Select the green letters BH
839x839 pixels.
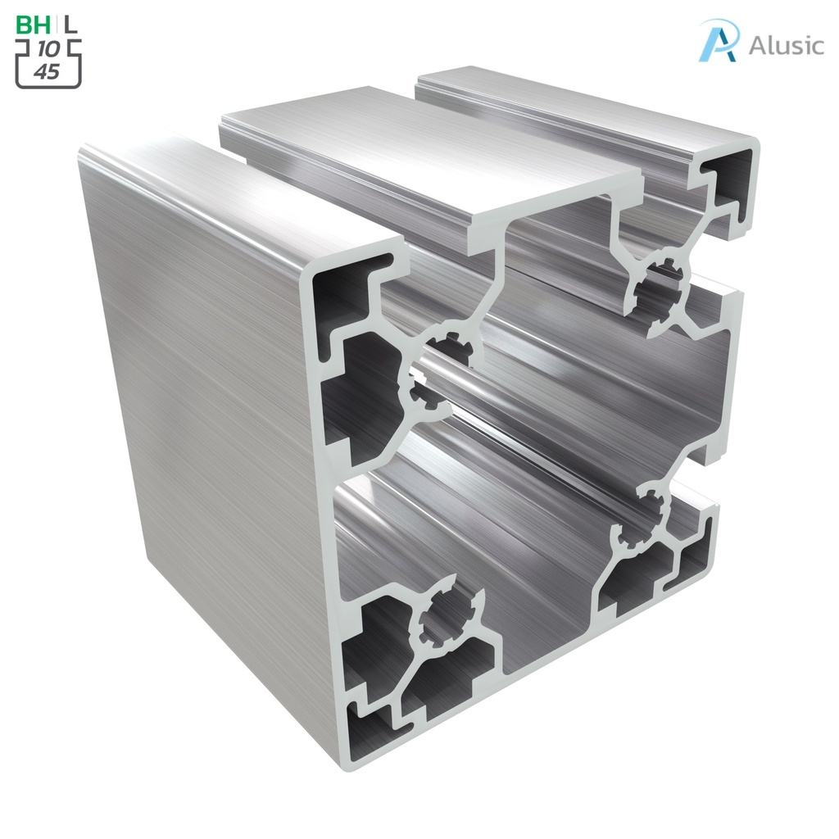click(34, 25)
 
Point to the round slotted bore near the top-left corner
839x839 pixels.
click(434, 373)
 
